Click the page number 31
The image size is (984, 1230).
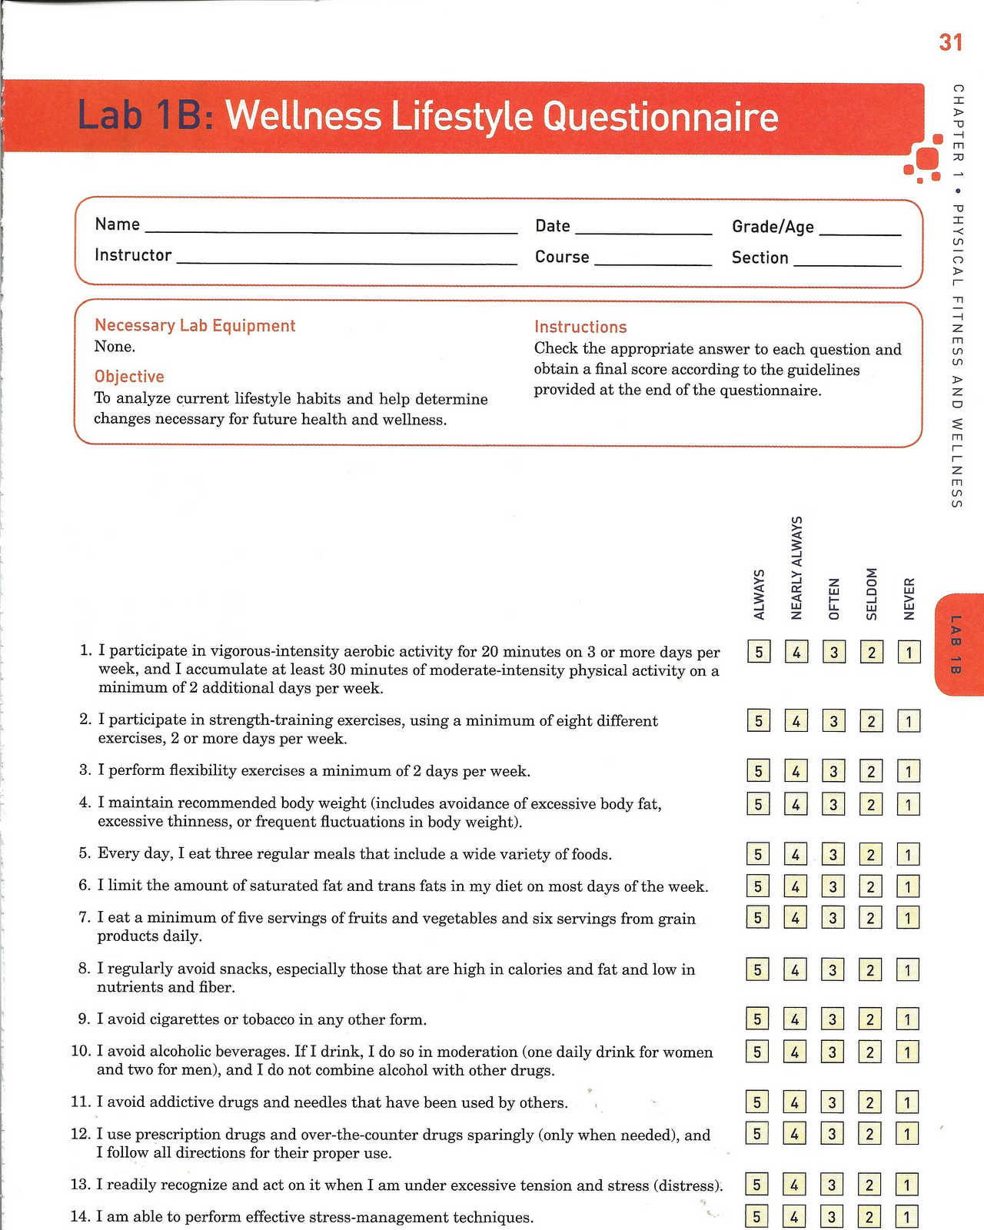click(950, 42)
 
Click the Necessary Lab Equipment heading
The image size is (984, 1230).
click(194, 325)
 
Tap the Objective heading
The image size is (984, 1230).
click(129, 377)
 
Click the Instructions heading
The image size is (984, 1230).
click(580, 327)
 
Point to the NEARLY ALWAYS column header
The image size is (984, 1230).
click(796, 568)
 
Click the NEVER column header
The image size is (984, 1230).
click(909, 599)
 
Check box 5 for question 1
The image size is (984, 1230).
click(759, 653)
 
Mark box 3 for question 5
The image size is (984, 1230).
click(833, 854)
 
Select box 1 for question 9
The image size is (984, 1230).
click(908, 1019)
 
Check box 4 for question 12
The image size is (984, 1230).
click(795, 1133)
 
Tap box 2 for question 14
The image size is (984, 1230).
click(869, 1217)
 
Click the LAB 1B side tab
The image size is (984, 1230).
click(956, 644)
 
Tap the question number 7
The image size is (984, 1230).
click(85, 918)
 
